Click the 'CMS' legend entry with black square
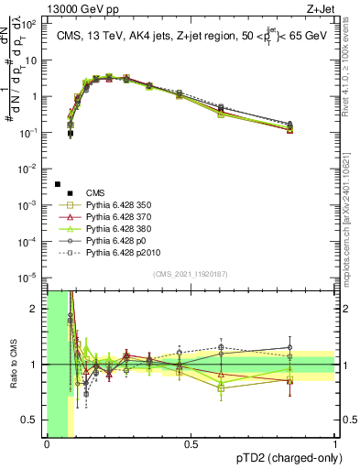coord(95,193)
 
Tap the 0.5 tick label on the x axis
coord(191,444)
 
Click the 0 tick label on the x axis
coord(47,444)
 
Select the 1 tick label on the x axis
coord(335,444)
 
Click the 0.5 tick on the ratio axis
coord(34,420)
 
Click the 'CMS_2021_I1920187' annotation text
coord(191,273)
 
